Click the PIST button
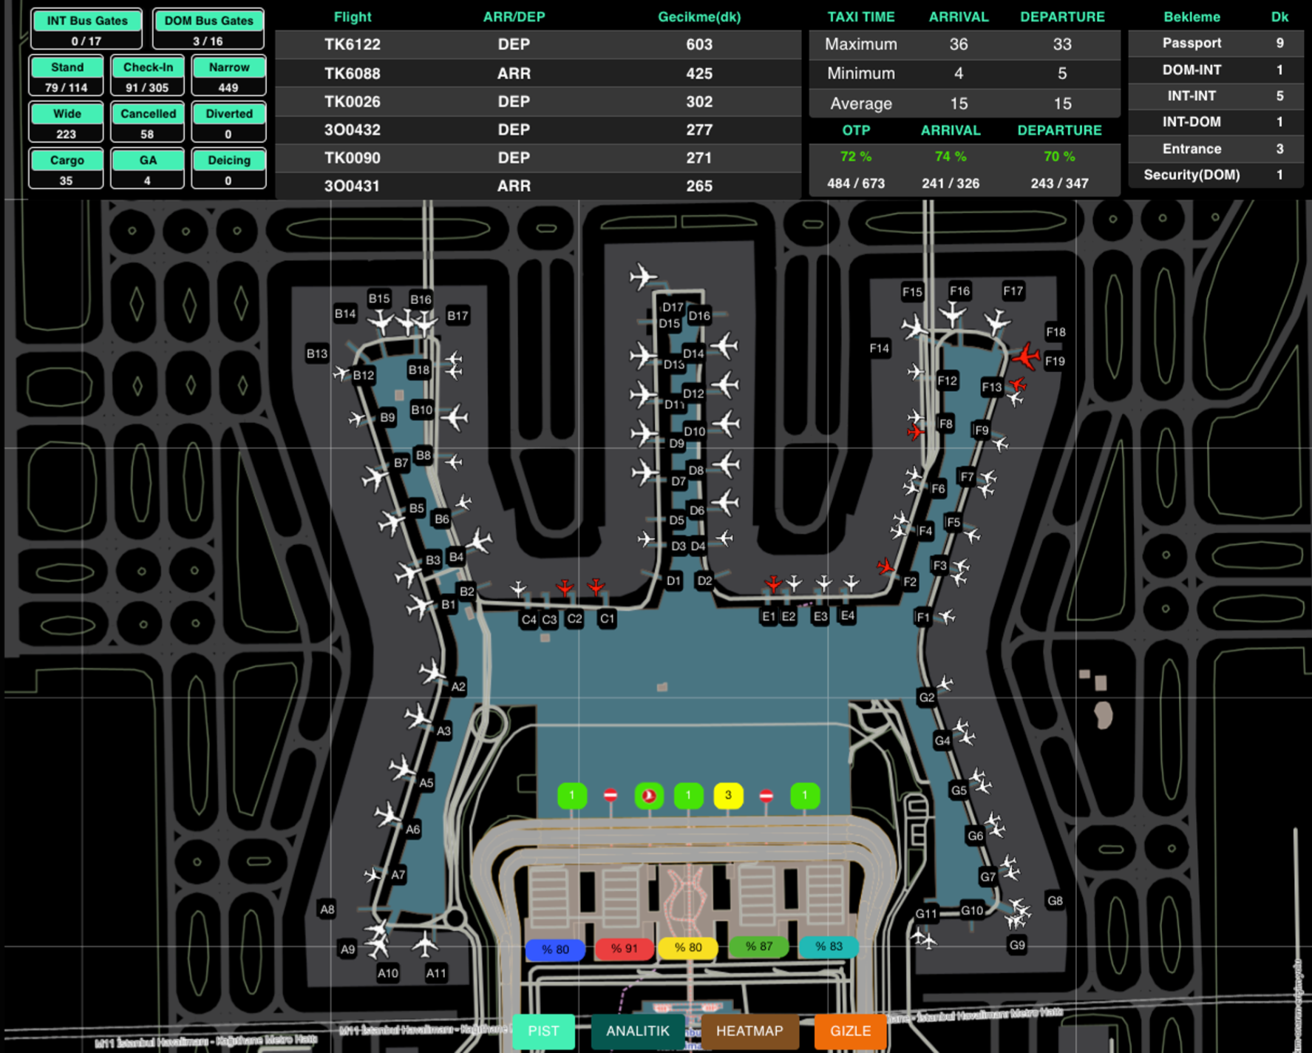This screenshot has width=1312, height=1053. click(543, 1031)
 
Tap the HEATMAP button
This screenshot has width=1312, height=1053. click(749, 1031)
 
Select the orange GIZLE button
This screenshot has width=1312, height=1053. click(850, 1031)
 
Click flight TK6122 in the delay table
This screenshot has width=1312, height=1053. click(352, 44)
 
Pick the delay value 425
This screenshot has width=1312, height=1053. click(699, 73)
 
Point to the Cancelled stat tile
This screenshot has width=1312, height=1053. click(148, 121)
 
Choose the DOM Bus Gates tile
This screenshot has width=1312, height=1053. click(208, 29)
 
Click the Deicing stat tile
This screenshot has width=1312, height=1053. click(228, 168)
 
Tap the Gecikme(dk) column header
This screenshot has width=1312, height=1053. click(699, 17)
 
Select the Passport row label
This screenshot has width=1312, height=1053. click(1192, 43)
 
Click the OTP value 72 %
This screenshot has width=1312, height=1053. click(856, 157)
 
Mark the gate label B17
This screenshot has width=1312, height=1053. click(458, 316)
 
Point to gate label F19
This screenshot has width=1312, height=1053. click(1055, 362)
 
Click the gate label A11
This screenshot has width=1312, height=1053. click(436, 973)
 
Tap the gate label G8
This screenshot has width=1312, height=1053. click(1055, 901)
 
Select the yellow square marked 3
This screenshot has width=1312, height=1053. click(728, 796)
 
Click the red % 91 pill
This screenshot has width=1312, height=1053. click(625, 949)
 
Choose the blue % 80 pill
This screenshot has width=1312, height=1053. click(555, 949)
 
